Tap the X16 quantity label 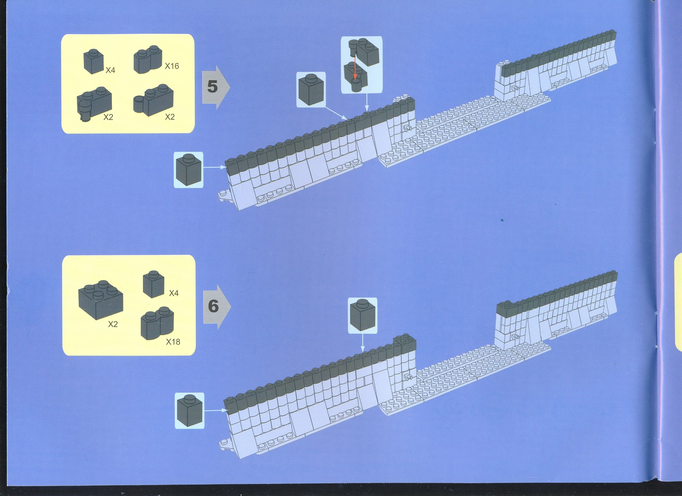coord(172,66)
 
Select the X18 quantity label coord(173,342)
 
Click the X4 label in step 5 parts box coord(110,70)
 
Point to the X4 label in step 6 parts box coord(174,293)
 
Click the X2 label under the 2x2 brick coord(113,324)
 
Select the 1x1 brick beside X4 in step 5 coord(94,61)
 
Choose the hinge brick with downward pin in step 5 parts coord(94,104)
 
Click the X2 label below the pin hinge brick coord(108,117)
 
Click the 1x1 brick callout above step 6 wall coord(362,315)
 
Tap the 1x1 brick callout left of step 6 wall coord(189,410)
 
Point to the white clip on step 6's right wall coord(516,337)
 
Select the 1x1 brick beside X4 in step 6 coord(153,284)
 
